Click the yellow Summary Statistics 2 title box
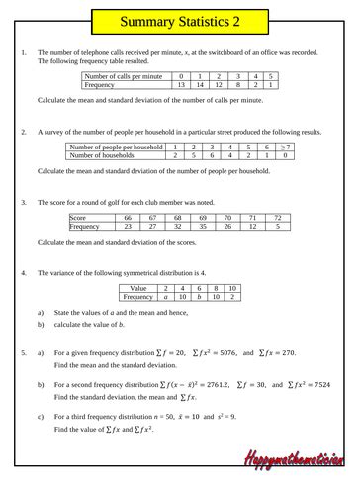(179, 19)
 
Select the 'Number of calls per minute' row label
(126, 76)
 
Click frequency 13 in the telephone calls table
(179, 85)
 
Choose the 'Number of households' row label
(113, 155)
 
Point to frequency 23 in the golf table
(126, 226)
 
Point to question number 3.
(22, 201)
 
